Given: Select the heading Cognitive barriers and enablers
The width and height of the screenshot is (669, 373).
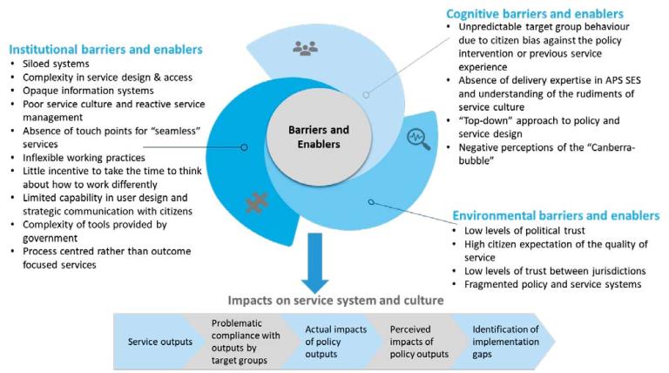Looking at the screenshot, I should coord(534,15).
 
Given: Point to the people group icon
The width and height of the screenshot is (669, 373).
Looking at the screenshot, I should coord(305,50).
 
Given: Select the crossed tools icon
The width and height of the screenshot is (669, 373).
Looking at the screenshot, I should coord(257,202).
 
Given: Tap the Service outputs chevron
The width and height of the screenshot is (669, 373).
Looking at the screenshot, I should coord(159,341).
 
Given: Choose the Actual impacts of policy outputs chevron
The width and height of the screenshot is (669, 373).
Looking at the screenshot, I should coord(328,341).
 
